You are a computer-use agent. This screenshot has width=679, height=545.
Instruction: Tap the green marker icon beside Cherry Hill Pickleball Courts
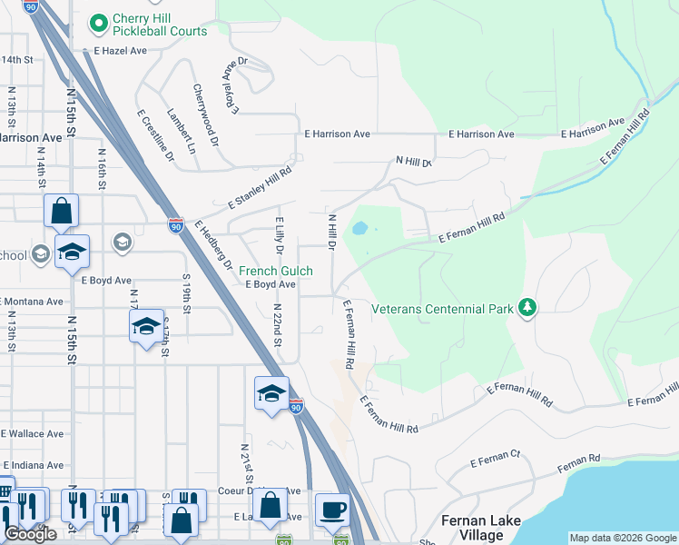point(99,20)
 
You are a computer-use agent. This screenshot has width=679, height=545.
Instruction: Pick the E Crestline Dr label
point(155,137)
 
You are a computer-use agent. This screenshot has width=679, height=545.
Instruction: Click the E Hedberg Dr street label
point(213,246)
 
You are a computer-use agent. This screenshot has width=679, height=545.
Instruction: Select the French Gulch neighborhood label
point(276,271)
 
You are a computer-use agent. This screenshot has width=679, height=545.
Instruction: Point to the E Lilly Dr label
point(280,236)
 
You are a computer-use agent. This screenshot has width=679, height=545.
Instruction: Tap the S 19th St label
point(186,293)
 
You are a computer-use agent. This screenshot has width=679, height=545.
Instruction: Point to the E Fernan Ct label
point(495,462)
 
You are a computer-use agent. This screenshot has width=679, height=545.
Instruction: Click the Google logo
point(30,534)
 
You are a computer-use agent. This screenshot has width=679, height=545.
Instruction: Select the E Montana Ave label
point(32,302)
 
